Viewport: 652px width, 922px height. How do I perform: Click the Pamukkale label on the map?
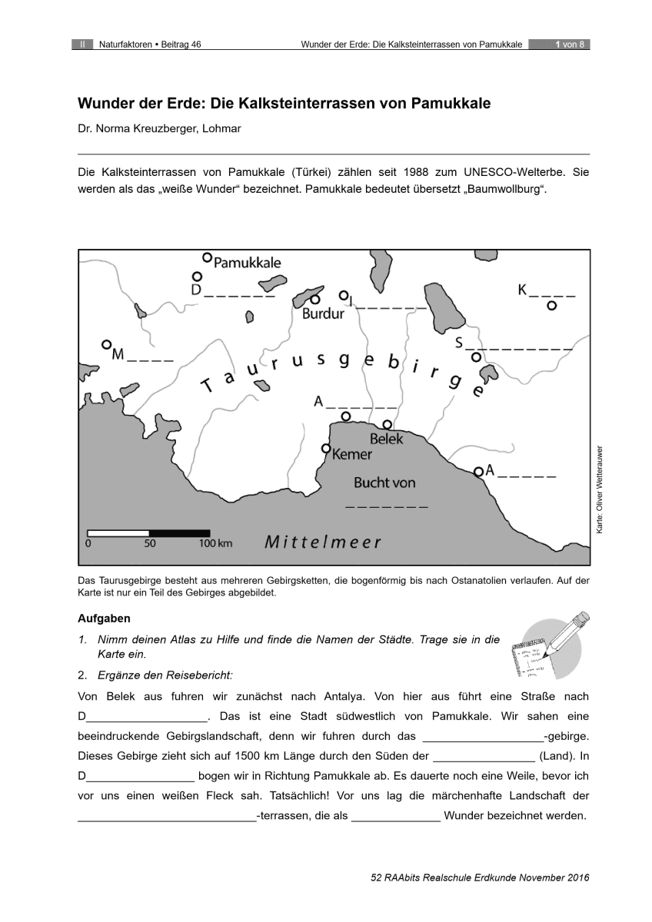click(x=247, y=263)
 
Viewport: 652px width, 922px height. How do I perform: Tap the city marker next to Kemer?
click(x=326, y=449)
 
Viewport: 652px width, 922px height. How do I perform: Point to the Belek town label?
click(x=386, y=439)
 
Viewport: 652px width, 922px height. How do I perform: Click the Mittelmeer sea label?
click(x=323, y=542)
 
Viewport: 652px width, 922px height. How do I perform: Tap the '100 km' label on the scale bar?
click(x=215, y=543)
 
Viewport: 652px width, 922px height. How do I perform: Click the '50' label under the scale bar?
click(x=149, y=543)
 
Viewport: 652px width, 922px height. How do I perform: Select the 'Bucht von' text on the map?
click(x=384, y=483)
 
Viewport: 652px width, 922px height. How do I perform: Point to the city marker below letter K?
click(x=551, y=306)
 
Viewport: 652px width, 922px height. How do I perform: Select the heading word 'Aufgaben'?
click(x=105, y=618)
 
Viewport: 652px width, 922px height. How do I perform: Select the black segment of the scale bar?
click(x=179, y=532)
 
